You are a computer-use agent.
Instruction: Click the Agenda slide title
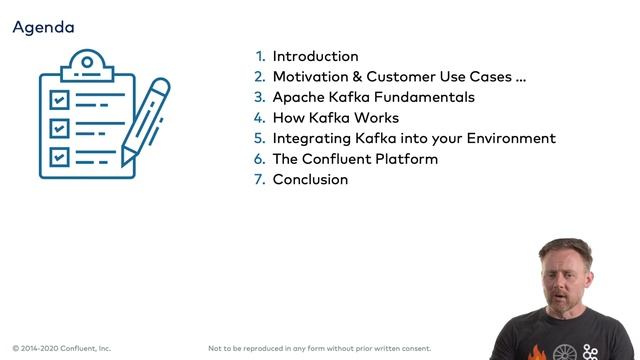43,27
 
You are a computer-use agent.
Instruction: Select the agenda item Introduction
315,56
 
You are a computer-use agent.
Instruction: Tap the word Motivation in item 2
310,77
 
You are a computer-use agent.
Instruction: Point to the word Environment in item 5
510,138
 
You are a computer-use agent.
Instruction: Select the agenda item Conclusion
310,180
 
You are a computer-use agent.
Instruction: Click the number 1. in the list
260,56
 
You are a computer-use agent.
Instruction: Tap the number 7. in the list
260,180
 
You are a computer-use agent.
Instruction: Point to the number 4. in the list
260,118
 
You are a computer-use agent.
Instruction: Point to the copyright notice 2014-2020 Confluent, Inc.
62,348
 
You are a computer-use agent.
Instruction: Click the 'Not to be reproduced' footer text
320,348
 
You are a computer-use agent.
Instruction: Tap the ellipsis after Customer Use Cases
519,78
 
